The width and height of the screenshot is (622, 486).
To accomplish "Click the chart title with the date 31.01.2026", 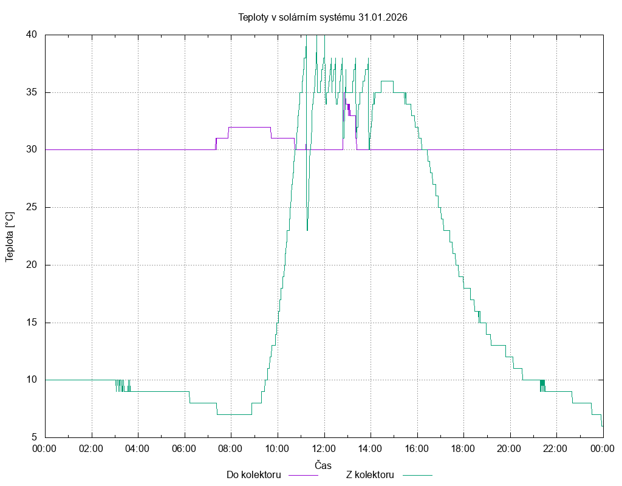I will click(323, 18).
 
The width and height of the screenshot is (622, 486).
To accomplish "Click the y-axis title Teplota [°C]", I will click(10, 237).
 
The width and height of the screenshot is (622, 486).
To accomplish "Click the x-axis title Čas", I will click(323, 465).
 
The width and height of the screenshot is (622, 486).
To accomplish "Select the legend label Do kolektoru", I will click(253, 474).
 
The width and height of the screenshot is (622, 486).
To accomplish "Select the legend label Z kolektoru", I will click(371, 474).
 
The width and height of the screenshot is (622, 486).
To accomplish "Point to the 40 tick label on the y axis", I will click(32, 35).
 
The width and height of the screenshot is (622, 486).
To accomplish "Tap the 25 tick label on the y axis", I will click(32, 207).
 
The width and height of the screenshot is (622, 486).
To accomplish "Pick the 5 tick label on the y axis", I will click(34, 437).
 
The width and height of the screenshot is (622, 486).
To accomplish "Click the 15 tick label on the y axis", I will click(32, 323).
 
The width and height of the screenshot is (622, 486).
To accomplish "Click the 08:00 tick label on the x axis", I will click(231, 449).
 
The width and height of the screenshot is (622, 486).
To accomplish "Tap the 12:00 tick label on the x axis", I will click(324, 449).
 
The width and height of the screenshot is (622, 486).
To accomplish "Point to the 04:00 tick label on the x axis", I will click(138, 449).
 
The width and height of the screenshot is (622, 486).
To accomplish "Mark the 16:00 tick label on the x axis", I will click(417, 449).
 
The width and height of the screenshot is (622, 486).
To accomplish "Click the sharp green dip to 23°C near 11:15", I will click(307, 230).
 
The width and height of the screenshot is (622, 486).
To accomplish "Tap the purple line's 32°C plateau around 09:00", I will click(249, 127).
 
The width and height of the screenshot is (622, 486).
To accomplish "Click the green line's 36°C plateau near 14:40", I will click(387, 81).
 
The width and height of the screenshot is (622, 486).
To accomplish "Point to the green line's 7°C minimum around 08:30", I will click(234, 414).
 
